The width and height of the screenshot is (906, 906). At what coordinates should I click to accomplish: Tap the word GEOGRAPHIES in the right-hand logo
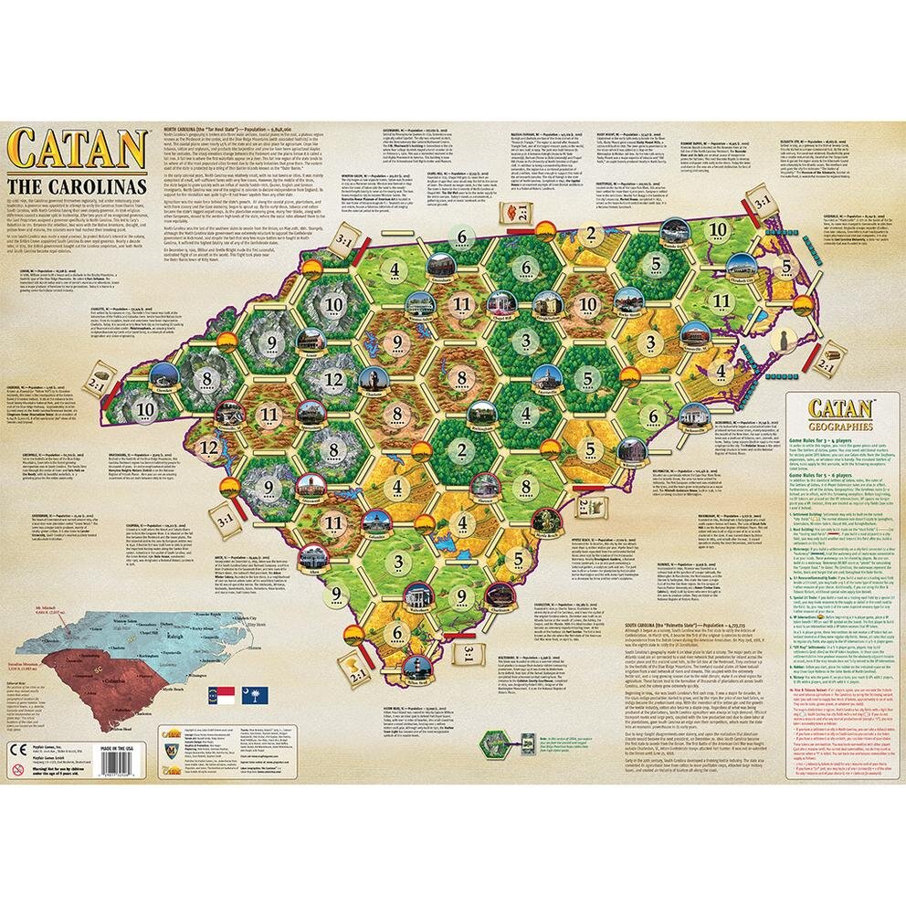point(838,425)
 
